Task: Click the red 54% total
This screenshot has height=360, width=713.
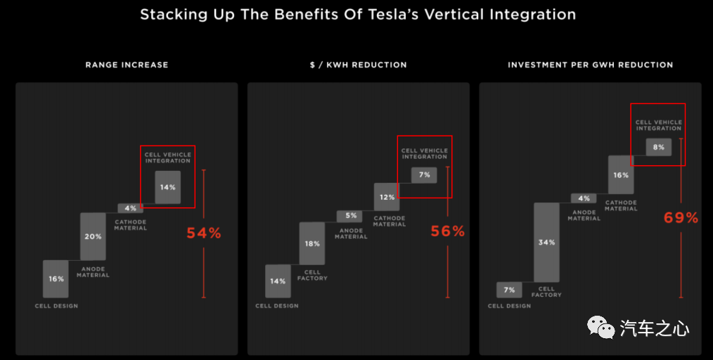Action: (204, 233)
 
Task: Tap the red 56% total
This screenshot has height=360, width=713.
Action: (448, 231)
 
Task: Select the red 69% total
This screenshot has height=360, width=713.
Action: (681, 217)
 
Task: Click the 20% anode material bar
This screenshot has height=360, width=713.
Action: (93, 236)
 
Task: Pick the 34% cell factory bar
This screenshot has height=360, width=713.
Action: (546, 242)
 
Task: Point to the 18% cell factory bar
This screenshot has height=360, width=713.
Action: (312, 243)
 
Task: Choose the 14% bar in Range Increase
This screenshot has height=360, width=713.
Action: (168, 187)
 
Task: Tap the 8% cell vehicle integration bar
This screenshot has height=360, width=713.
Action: (659, 147)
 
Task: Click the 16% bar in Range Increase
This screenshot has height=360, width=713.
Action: (56, 278)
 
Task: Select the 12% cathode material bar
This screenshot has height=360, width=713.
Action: (387, 197)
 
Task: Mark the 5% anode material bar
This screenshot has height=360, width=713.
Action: (349, 216)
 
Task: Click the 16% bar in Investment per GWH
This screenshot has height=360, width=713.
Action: (621, 175)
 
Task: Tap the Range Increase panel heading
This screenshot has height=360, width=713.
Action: (127, 65)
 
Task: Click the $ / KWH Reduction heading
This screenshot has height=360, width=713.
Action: (358, 65)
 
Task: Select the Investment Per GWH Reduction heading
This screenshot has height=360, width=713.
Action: (590, 65)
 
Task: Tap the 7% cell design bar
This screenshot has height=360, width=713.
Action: (509, 290)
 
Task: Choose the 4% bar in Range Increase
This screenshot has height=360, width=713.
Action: (130, 207)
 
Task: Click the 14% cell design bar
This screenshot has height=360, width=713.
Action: (278, 281)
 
